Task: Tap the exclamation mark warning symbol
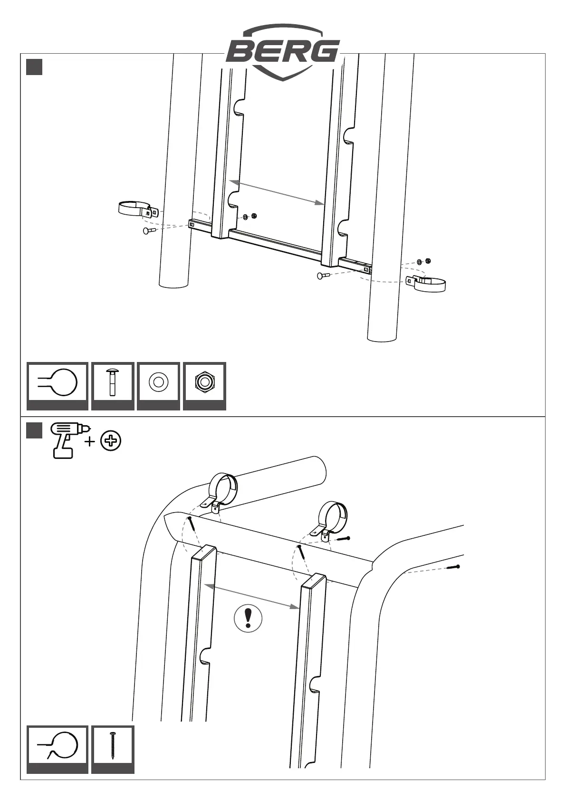pos(248,618)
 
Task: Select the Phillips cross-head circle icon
pos(111,441)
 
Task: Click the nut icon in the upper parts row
pos(204,382)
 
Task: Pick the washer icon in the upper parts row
pos(158,382)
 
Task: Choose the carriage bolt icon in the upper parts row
pos(113,382)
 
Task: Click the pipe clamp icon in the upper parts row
pos(58,382)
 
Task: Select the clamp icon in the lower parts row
pos(58,745)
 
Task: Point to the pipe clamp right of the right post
pos(427,284)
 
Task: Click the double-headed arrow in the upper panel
pos(276,192)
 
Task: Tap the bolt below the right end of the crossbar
pos(323,276)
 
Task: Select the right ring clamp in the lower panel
pos(332,520)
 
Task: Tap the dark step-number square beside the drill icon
pos(34,430)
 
